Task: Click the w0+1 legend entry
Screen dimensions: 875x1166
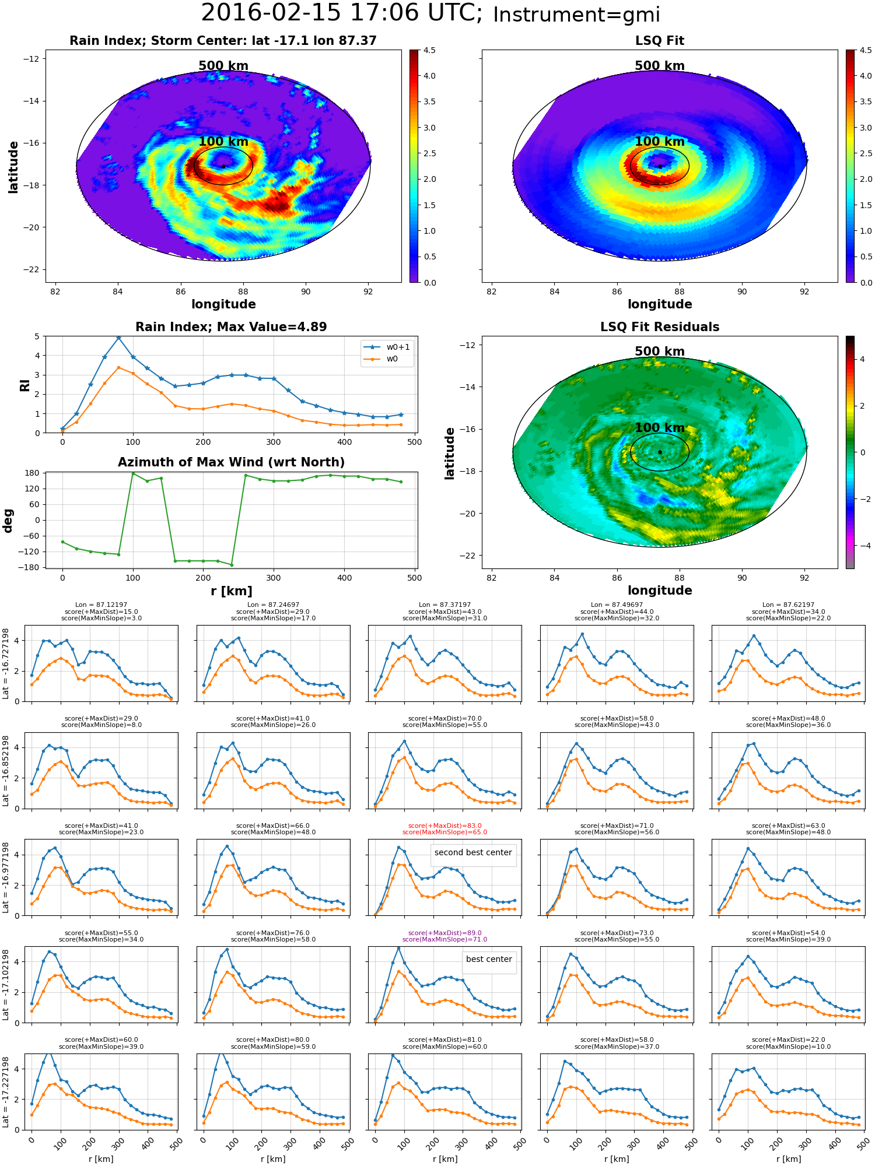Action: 387,347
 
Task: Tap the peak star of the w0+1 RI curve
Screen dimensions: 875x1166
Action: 119,337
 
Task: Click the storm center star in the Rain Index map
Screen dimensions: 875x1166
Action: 223,166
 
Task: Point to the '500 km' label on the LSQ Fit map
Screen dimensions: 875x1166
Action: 660,66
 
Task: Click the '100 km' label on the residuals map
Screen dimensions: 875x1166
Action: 660,428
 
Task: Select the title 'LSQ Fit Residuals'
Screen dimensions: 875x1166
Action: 660,327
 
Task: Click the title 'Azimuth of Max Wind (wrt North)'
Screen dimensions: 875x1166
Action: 231,462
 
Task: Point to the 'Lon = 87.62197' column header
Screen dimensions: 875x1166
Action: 788,605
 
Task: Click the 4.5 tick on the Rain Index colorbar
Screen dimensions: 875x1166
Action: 429,51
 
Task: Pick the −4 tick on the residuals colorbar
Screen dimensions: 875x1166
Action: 862,546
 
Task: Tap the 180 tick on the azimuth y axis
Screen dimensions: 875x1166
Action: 33,473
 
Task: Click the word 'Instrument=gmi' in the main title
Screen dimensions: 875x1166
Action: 576,15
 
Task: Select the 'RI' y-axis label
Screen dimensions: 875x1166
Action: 25,385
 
